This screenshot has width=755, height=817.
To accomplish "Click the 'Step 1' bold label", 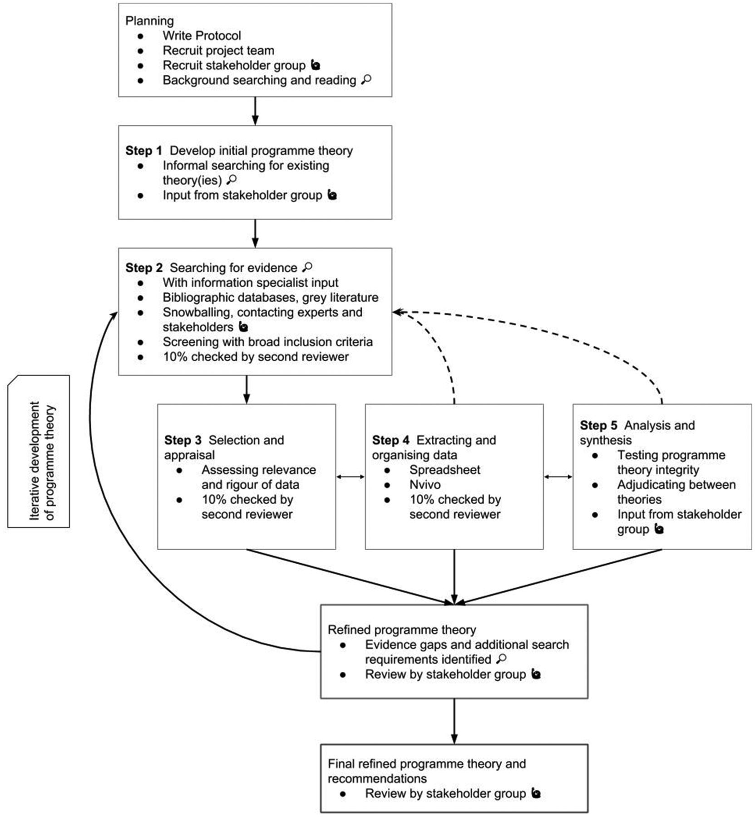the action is pyautogui.click(x=143, y=151).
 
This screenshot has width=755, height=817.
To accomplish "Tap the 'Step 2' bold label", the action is pyautogui.click(x=143, y=268).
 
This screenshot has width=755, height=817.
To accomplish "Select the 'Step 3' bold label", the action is pyautogui.click(x=183, y=440).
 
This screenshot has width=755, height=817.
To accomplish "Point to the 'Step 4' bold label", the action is pyautogui.click(x=390, y=440).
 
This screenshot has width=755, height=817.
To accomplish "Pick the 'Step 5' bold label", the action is pyautogui.click(x=598, y=425).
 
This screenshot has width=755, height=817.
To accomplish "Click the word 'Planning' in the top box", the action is pyautogui.click(x=149, y=21).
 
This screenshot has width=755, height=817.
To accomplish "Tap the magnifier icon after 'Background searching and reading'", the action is pyautogui.click(x=366, y=80).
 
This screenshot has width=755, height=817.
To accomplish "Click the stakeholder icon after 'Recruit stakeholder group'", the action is pyautogui.click(x=316, y=65).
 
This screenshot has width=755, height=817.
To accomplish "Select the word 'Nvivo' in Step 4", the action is pyautogui.click(x=425, y=485).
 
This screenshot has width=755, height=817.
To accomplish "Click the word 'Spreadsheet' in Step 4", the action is pyautogui.click(x=445, y=470).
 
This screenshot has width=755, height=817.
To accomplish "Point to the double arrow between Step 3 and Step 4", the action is pyautogui.click(x=350, y=477).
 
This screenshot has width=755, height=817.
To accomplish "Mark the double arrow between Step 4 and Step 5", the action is pyautogui.click(x=558, y=477).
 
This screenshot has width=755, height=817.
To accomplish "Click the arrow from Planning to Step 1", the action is pyautogui.click(x=255, y=111).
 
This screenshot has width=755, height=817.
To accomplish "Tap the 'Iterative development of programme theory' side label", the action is pyautogui.click(x=42, y=460).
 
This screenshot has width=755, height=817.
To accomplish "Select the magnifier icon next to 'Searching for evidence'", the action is pyautogui.click(x=307, y=267).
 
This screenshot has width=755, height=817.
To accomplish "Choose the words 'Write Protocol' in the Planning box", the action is pyautogui.click(x=202, y=35).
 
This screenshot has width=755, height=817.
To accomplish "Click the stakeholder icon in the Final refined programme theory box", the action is pyautogui.click(x=536, y=793).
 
